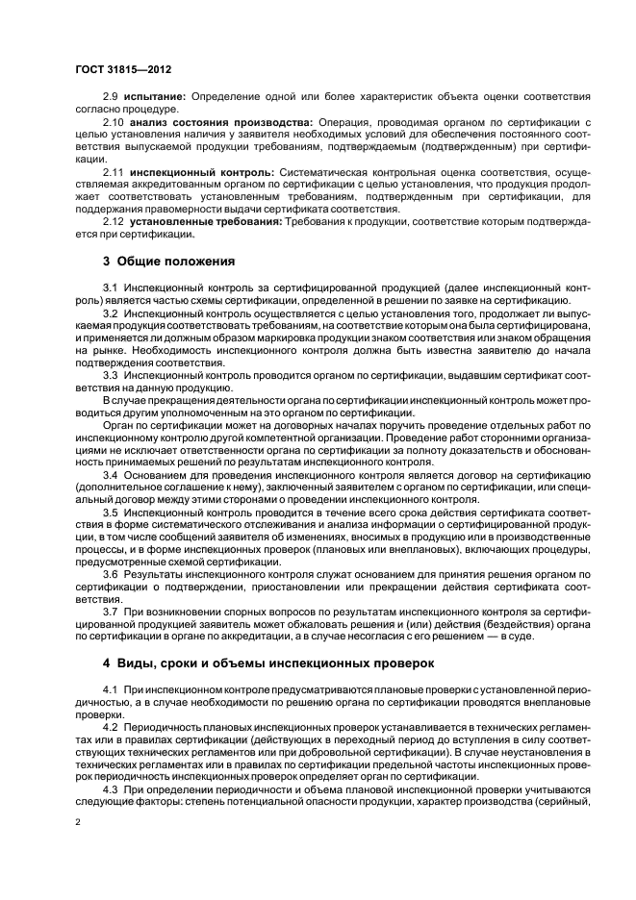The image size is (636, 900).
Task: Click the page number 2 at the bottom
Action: pos(77,824)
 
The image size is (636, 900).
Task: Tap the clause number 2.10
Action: pos(114,123)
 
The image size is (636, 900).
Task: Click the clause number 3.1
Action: pos(110,288)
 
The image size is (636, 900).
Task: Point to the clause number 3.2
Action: pos(110,313)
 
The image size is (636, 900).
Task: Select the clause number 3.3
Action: pos(110,373)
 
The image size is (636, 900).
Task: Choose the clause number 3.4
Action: pos(110,474)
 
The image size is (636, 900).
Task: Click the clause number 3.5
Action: pos(110,512)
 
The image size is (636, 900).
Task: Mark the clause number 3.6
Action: pos(110,573)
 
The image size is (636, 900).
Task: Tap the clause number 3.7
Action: pos(110,611)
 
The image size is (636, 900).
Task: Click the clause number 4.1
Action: pos(110,691)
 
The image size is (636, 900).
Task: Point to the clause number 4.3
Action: pos(110,788)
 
